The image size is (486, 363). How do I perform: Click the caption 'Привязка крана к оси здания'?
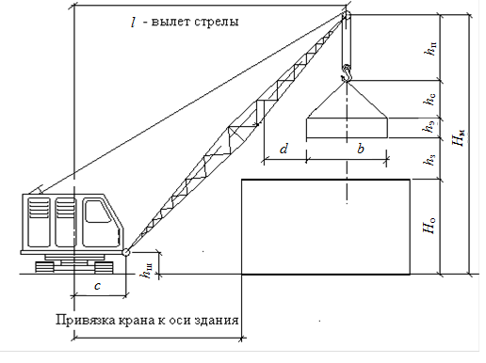[x=146, y=321]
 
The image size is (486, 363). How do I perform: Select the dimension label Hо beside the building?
[x=429, y=227]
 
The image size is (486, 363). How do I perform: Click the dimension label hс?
[x=429, y=98]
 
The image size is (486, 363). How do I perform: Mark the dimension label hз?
[x=429, y=159]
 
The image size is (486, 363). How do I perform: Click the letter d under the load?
[x=283, y=148]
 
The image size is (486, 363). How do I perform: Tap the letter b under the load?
[x=359, y=148]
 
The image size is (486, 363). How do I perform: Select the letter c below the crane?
[x=98, y=285]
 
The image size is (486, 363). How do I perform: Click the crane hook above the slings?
[x=347, y=70]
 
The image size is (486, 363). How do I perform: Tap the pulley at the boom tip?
[x=346, y=16]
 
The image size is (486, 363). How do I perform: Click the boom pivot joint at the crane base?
[x=125, y=252]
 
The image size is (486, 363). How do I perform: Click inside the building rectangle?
[x=325, y=226]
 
